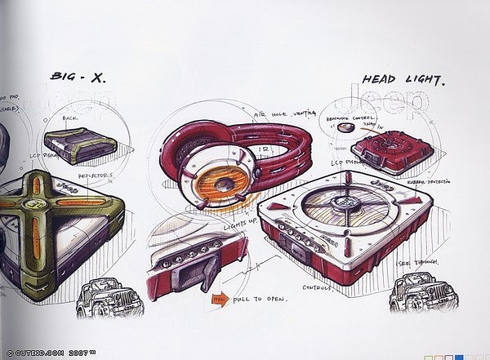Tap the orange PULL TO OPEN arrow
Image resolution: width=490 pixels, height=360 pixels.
click(x=219, y=299)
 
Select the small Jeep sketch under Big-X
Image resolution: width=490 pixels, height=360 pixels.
click(x=100, y=299)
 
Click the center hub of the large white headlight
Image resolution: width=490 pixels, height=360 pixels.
click(x=344, y=202)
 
